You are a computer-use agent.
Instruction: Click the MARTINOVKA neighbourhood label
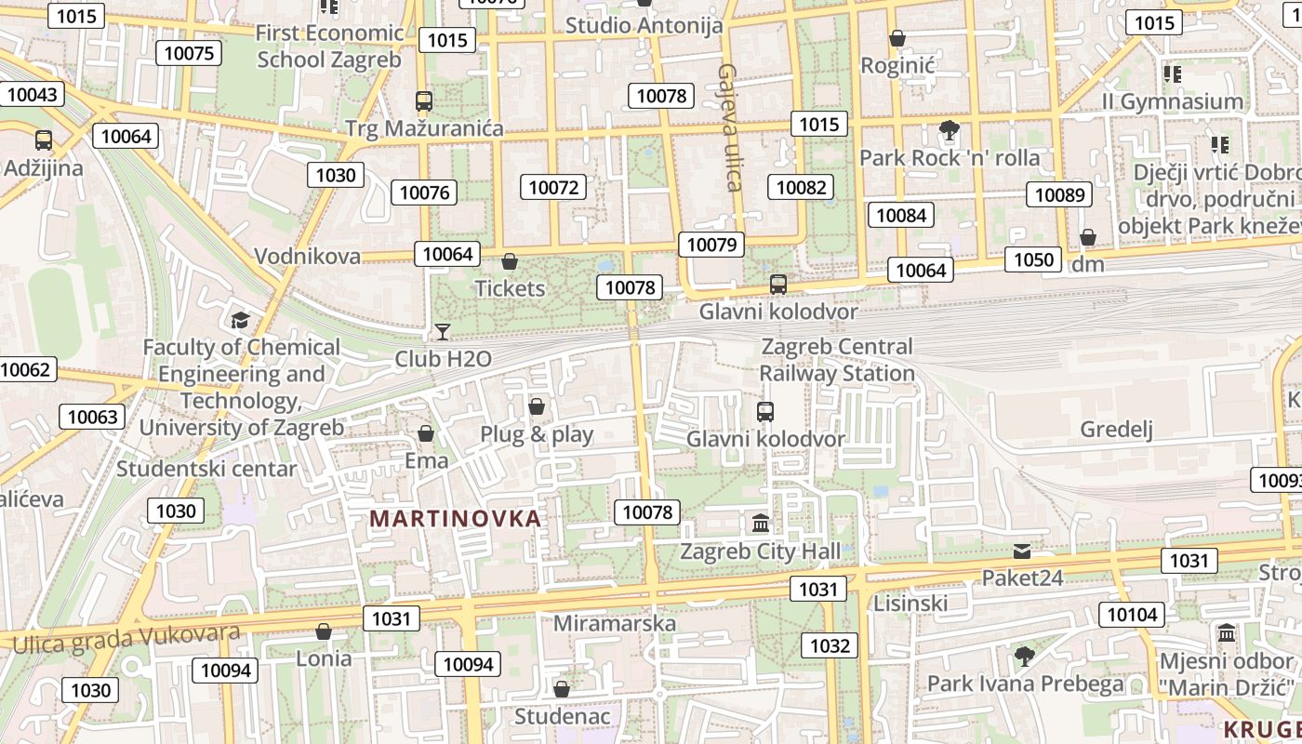point(456,519)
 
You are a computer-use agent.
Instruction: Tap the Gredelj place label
point(1116,429)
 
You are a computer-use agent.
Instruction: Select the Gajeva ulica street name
point(730,126)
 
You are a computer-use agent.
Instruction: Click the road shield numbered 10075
point(189,53)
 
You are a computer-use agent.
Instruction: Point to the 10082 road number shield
point(801,187)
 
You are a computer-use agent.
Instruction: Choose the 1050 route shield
point(1032,259)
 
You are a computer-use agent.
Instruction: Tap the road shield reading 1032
point(830,645)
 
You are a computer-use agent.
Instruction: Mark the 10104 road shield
point(1132,614)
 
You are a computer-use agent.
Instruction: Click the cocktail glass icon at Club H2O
point(443,332)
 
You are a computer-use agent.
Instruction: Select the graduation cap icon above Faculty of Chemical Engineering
point(241,321)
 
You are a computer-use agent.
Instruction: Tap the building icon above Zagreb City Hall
point(761,524)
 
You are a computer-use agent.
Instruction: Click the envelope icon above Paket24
point(1022,551)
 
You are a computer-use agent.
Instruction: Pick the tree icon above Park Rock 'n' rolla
point(949,131)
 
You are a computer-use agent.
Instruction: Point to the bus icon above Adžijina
point(44,140)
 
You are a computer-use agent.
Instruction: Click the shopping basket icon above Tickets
point(509,261)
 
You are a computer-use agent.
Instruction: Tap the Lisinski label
point(910,603)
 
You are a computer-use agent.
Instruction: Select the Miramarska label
point(615,623)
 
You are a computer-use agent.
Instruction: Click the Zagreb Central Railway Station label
point(837,360)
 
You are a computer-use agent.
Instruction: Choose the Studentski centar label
point(206,469)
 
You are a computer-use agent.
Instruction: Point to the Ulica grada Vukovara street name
point(126,638)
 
